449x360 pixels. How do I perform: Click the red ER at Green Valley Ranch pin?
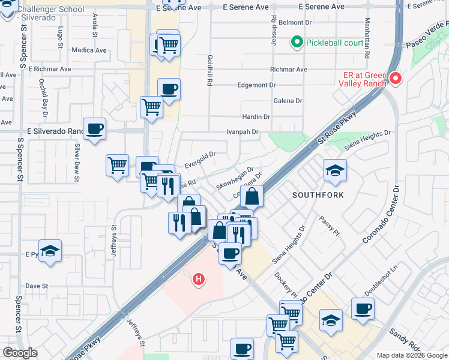(x=395, y=78)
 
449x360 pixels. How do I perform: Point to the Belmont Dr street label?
(x=292, y=22)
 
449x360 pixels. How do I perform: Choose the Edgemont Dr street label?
(x=256, y=85)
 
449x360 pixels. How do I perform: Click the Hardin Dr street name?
(x=256, y=116)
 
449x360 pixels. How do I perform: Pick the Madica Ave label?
(x=88, y=50)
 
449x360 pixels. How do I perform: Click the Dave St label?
(x=37, y=286)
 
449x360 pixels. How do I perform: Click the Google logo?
(x=20, y=353)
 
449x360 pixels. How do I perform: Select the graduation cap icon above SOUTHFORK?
(x=335, y=171)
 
